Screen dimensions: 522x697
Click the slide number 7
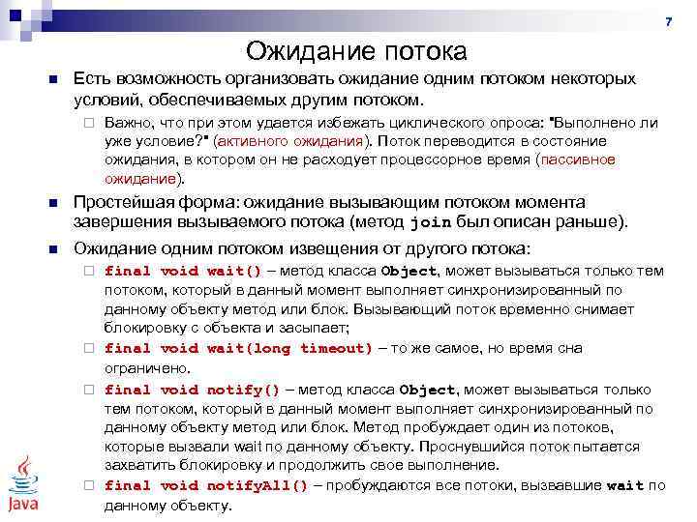coord(667,21)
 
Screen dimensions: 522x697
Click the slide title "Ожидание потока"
coord(356,50)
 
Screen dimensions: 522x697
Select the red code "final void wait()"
coord(183,271)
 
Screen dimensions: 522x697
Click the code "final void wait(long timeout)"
coord(238,348)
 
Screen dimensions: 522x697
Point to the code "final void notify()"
coord(192,390)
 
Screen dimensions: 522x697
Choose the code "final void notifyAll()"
coord(205,486)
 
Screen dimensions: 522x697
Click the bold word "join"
coord(431,222)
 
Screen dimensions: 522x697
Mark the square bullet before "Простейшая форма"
coord(54,204)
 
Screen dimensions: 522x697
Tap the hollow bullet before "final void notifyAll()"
coord(86,486)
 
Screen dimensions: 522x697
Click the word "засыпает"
coord(283,329)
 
